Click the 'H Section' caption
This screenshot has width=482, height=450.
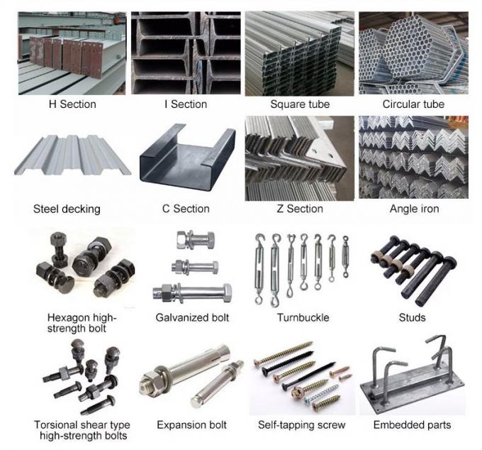coord(72,104)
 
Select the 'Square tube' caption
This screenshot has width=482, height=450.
coord(300,104)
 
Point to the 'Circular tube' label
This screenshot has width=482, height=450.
coord(413,104)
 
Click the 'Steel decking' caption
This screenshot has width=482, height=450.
coord(67,209)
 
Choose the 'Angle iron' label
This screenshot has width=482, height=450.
coord(414,209)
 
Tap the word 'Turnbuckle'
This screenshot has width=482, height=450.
coord(303,317)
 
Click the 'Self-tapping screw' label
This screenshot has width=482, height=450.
coord(302,425)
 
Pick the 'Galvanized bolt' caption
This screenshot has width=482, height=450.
coord(193,317)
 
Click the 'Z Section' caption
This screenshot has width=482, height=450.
coord(300,209)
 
